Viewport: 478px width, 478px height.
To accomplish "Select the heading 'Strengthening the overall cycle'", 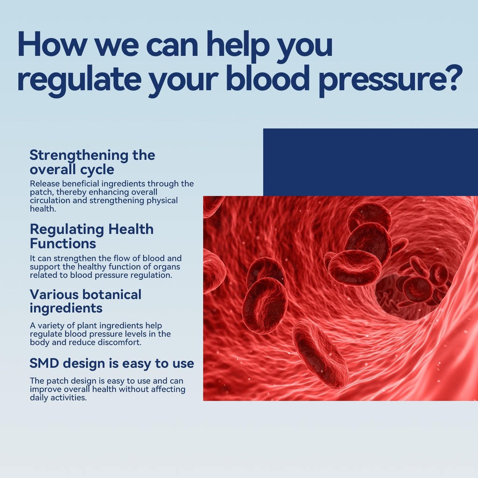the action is tap(92, 162).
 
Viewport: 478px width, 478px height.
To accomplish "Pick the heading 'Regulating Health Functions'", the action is tap(91, 236).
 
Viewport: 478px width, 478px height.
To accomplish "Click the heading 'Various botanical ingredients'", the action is tap(85, 301).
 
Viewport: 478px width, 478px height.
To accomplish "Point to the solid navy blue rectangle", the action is tap(370, 162).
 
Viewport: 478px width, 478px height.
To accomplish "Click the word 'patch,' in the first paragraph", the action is tap(42, 192).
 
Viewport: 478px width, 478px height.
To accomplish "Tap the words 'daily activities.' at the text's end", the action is tap(58, 398).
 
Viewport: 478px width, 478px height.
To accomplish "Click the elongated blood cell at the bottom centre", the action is tap(320, 355).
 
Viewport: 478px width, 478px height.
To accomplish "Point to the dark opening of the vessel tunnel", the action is tap(408, 293).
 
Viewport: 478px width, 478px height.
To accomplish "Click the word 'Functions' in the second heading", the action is tap(63, 244).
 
